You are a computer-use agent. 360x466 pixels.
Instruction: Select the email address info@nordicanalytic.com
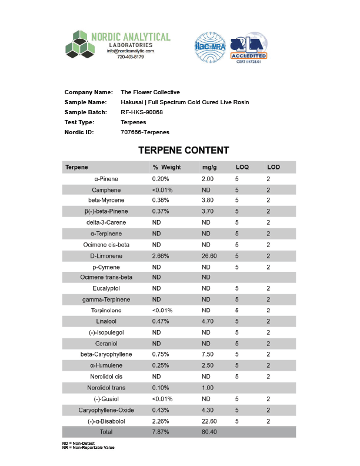pos(130,51)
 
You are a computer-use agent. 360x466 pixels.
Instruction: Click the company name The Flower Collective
pos(150,92)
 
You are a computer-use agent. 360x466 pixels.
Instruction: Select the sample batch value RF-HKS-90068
pos(141,112)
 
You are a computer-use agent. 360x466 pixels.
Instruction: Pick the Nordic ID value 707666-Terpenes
pos(145,132)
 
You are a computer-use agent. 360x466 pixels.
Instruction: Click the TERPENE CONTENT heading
pos(184,151)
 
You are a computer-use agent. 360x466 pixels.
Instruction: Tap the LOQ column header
pos(242,168)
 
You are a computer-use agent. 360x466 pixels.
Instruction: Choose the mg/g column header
pos(209,168)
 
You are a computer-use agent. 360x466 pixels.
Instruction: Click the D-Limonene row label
pos(106,256)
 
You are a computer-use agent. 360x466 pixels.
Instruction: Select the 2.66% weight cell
pos(161,256)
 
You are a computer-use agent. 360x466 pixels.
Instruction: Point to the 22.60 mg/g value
pos(209,421)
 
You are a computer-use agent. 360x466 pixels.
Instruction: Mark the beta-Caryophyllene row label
pos(106,354)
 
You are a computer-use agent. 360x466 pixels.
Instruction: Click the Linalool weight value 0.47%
pos(161,321)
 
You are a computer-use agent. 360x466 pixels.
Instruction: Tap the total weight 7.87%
pos(161,431)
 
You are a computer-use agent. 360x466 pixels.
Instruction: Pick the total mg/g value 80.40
pos(209,431)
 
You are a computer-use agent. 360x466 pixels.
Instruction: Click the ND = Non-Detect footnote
pos(79,443)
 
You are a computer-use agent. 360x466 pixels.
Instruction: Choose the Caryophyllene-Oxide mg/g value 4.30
pos(208,410)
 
